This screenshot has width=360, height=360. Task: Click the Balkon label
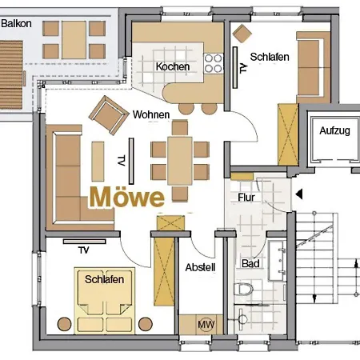17,24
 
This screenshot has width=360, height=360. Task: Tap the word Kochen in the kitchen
173,66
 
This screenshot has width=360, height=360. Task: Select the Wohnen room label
151,115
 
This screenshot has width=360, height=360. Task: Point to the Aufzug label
334,130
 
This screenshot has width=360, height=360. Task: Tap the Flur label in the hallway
246,198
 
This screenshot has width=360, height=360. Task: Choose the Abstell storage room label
199,268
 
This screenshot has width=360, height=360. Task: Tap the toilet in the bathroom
244,290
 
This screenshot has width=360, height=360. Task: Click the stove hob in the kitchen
214,63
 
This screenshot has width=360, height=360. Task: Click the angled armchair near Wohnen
106,113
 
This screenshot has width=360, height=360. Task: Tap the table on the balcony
74,34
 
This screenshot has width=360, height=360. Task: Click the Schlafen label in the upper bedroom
270,58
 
